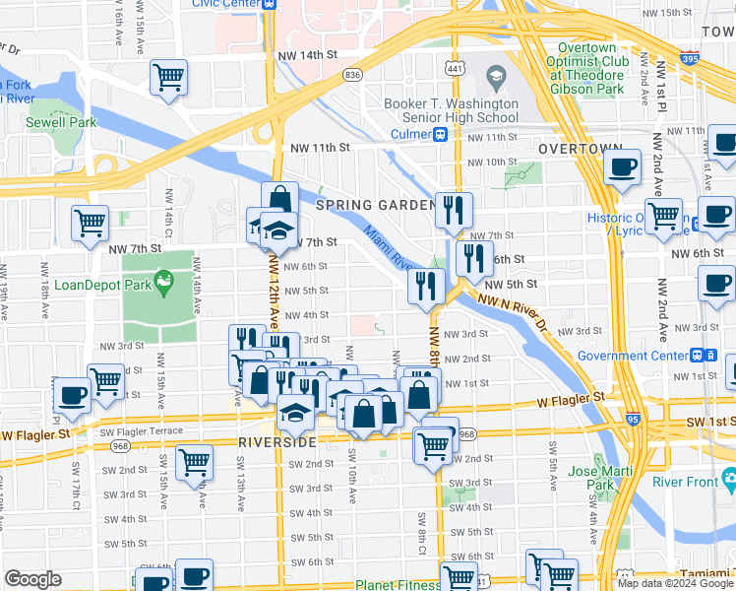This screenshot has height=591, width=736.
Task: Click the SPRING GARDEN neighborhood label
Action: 375,205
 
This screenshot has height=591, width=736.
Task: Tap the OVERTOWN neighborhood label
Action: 580,148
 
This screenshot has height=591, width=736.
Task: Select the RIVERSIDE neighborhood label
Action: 276,442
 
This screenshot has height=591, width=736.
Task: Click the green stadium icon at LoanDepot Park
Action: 163,285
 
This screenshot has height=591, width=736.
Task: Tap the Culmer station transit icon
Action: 443,134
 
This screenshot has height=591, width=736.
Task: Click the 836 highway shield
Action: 352,75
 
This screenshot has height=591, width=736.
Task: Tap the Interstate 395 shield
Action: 715,59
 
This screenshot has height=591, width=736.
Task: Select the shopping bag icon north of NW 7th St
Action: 279,199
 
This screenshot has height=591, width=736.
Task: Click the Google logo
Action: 32,579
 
